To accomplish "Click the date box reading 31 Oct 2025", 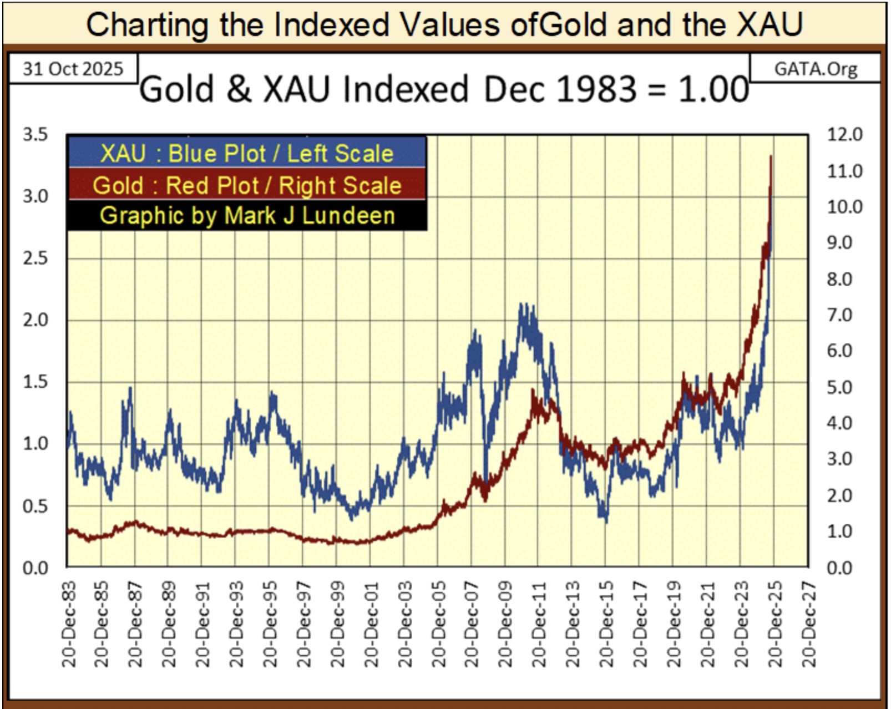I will click(73, 69).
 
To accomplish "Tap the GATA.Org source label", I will click(815, 69).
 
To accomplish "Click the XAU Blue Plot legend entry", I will click(247, 153).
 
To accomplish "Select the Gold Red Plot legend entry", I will click(247, 185).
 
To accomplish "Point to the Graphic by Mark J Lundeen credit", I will click(247, 215).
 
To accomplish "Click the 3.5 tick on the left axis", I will click(36, 135).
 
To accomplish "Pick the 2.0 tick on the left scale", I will click(36, 320).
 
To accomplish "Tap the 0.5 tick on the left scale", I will click(36, 506).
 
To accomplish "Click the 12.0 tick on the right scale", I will click(844, 135).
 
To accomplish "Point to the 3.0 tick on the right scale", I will click(839, 459).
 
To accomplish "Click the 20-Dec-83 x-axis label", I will click(69, 624).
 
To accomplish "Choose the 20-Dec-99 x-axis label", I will click(338, 624).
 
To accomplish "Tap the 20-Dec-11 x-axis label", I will click(539, 624).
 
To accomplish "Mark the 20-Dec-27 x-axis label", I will click(808, 624).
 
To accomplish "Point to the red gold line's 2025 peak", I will click(771, 156).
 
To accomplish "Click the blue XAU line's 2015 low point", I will click(606, 521).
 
